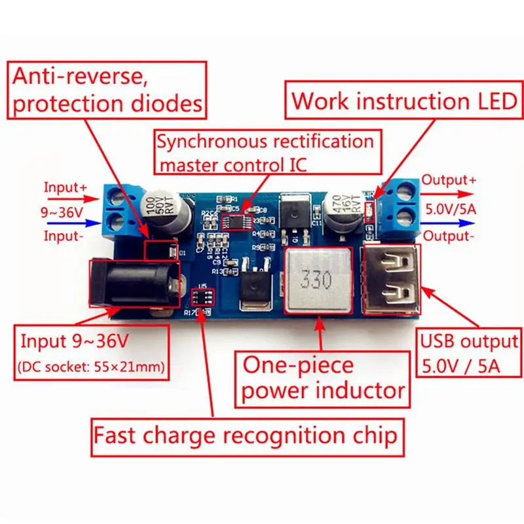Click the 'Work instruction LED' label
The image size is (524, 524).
pyautogui.click(x=404, y=101)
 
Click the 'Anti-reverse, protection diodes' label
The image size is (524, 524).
pyautogui.click(x=107, y=90)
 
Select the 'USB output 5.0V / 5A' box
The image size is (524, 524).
pyautogui.click(x=468, y=352)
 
